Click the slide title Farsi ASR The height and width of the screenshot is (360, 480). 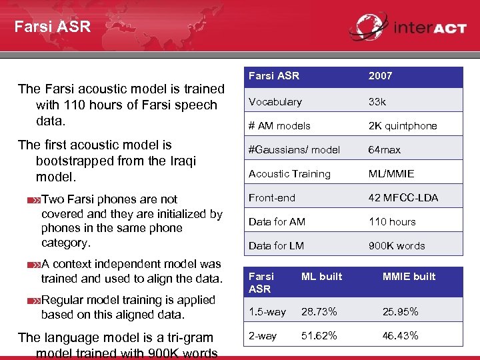tap(52, 27)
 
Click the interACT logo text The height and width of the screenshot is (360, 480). tap(429, 28)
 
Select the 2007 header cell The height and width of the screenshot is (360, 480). tap(381, 76)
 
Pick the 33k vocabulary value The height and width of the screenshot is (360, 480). tap(377, 102)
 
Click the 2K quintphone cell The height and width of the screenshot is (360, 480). tap(403, 126)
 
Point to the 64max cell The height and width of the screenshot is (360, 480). tap(385, 150)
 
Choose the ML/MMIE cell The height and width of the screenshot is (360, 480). tap(391, 174)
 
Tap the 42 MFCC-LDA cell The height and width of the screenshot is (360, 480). tap(403, 198)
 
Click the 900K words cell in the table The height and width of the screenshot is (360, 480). tap(397, 246)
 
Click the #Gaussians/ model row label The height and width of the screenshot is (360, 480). tap(294, 150)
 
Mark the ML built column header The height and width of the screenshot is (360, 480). tap(321, 277)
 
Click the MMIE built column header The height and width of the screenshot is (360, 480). tap(409, 277)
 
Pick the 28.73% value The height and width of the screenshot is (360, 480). tap(319, 312)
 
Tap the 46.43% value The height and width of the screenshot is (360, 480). tap(400, 336)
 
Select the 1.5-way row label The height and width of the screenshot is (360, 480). tap(267, 312)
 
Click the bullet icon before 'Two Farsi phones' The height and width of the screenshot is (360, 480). tap(34, 200)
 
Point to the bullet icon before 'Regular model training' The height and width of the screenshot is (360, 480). tap(34, 301)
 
